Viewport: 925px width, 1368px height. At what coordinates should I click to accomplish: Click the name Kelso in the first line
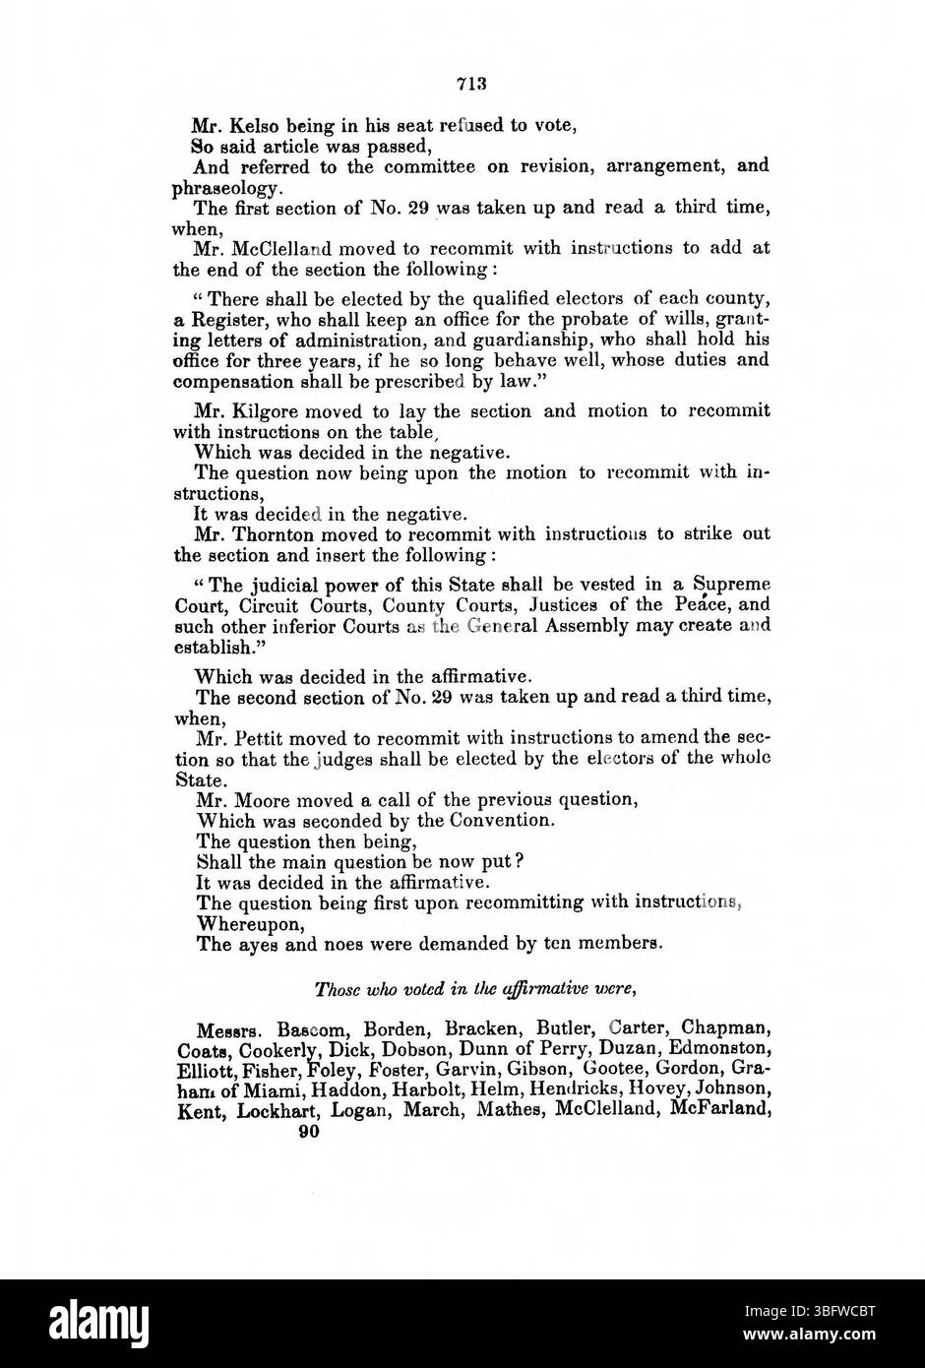(x=255, y=125)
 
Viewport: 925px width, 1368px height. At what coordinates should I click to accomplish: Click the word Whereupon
(x=238, y=924)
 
